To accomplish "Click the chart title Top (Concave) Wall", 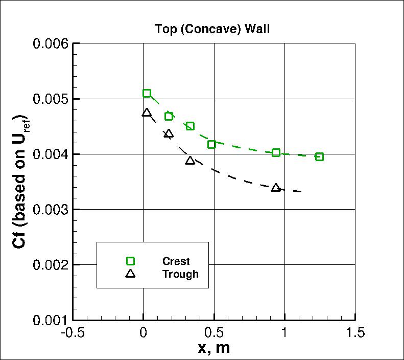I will coord(212,29).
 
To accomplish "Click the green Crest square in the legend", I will coord(130,261).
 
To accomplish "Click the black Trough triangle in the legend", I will coord(130,274).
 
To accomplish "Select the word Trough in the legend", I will coord(180,274).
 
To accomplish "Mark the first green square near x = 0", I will coord(147,93).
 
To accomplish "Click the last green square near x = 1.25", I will coord(319,156).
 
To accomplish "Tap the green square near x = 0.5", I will coord(211,145).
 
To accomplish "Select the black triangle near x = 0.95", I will coord(276,188).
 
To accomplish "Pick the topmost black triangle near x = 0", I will coord(147,112).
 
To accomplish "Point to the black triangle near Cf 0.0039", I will coord(190,160).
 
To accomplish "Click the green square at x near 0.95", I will coord(276,152).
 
